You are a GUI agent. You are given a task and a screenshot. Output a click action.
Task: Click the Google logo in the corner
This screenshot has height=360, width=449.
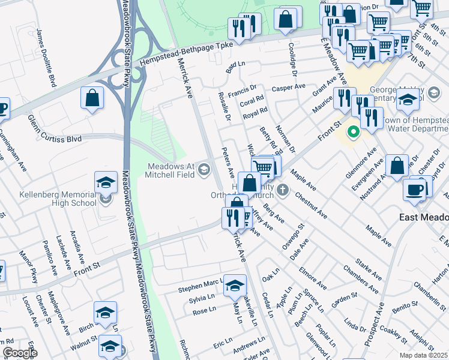tap(19, 353)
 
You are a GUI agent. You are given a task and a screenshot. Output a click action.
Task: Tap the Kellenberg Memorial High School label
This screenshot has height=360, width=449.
tap(57, 199)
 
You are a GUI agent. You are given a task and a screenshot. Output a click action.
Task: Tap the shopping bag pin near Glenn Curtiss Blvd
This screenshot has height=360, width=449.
tap(92, 98)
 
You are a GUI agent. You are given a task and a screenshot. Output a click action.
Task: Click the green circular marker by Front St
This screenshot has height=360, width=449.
tap(354, 131)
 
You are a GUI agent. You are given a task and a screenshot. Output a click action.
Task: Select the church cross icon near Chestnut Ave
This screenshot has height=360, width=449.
tap(283, 191)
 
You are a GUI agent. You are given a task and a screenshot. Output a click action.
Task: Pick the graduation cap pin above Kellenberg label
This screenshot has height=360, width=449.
tap(105, 182)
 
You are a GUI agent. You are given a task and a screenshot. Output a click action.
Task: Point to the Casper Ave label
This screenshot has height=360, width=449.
tap(289, 88)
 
